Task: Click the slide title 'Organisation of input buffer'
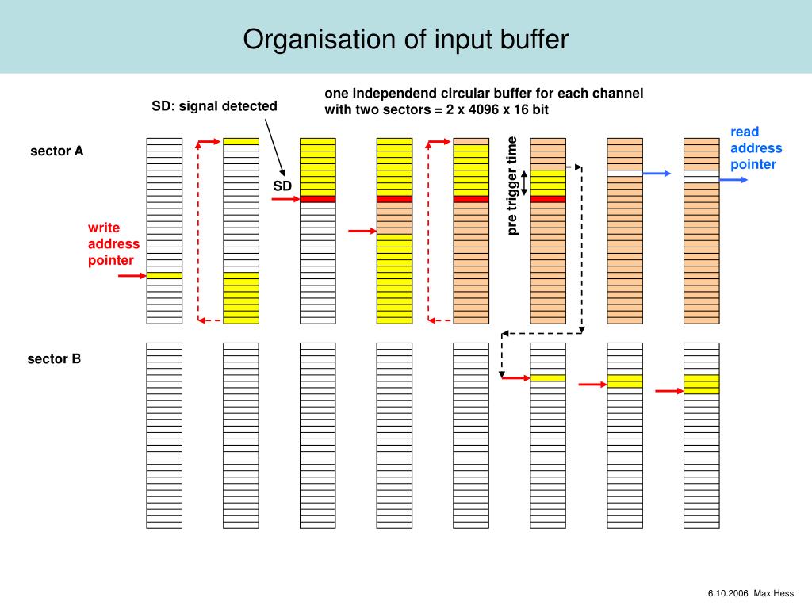405,39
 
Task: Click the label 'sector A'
56,151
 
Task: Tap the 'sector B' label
54,358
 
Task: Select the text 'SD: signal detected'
215,105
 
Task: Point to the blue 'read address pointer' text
756,148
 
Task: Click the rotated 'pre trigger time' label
512,186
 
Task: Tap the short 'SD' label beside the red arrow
283,186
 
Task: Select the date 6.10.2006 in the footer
727,594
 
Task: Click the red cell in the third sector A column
317,199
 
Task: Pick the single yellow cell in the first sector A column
164,275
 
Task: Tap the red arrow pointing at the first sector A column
132,275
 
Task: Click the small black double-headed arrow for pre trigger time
523,182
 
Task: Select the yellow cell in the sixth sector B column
547,377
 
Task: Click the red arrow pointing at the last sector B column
668,390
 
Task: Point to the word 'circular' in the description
474,93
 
